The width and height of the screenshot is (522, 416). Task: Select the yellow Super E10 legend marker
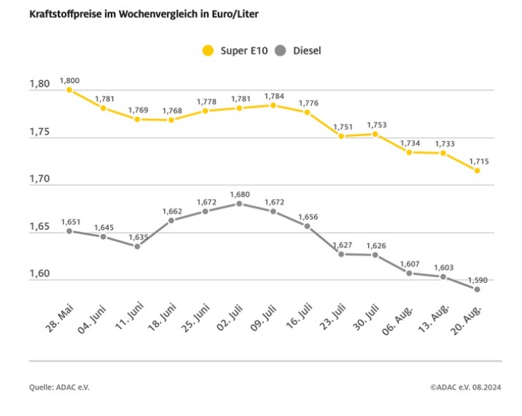pyautogui.click(x=208, y=51)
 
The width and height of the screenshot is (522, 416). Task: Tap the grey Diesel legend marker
pyautogui.click(x=281, y=51)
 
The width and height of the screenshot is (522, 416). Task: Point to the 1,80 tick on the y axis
pyautogui.click(x=39, y=84)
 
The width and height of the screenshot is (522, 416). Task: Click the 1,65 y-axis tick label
pyautogui.click(x=39, y=227)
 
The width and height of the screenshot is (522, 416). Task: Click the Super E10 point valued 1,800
pyautogui.click(x=69, y=90)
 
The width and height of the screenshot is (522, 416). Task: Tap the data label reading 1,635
pyautogui.click(x=138, y=237)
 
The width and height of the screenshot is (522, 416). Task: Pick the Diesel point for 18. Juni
pyautogui.click(x=171, y=221)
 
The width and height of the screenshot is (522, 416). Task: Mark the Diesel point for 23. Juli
pyautogui.click(x=341, y=254)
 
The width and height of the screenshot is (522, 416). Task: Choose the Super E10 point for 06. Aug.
pyautogui.click(x=409, y=153)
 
